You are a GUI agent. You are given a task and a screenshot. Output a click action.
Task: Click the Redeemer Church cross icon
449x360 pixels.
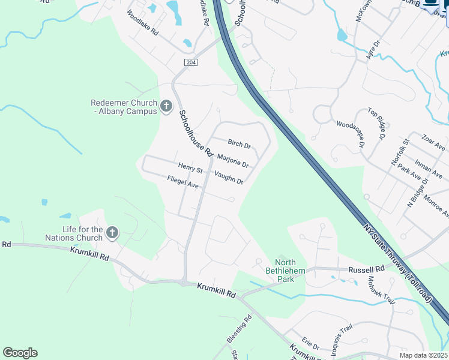[166, 106]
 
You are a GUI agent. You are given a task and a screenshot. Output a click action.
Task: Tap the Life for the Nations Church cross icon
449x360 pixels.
[112, 232]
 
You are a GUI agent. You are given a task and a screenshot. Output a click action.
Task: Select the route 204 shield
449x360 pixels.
[191, 62]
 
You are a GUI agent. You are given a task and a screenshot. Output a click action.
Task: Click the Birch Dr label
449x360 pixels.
[239, 145]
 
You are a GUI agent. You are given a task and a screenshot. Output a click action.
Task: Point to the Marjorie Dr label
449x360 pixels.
[232, 160]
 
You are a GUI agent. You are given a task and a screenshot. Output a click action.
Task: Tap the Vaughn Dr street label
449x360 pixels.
[229, 178]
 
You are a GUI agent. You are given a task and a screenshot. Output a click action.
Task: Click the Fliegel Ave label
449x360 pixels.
[182, 182]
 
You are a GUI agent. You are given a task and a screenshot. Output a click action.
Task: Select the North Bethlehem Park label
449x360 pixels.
[291, 271]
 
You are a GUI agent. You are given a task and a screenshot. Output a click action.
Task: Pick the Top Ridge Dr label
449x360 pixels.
[376, 124]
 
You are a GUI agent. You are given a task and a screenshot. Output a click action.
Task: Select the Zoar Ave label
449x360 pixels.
[433, 143]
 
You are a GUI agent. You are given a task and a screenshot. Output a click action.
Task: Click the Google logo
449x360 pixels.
[20, 353]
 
